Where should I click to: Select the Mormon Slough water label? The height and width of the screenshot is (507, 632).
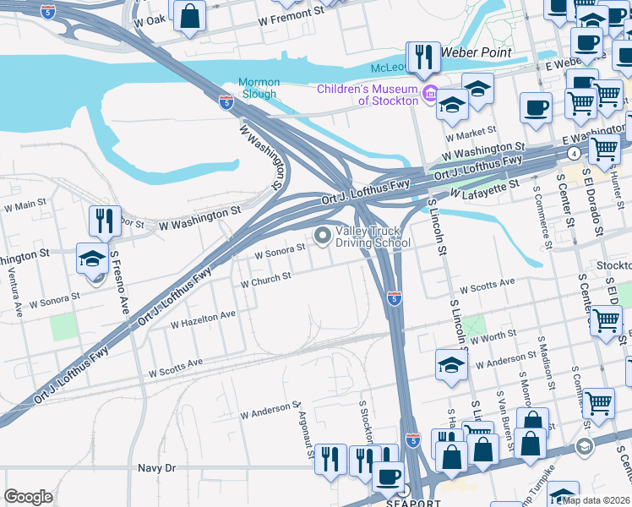coord(257,88)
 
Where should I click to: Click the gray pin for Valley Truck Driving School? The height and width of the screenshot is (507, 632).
coord(322,237)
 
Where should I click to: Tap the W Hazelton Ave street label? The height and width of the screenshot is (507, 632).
coord(203,319)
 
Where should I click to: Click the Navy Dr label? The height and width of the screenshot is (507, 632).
coord(156,467)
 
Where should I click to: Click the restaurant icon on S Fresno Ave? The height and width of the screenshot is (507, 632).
coord(105,221)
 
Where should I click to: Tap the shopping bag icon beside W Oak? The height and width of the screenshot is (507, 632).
coord(190,14)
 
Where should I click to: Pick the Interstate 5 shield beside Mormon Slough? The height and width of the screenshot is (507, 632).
coord(226,102)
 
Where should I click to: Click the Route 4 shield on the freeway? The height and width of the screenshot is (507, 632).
coord(574,153)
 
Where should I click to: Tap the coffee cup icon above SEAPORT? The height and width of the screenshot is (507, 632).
coord(389,476)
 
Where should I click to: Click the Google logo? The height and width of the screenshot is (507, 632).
coord(28,497)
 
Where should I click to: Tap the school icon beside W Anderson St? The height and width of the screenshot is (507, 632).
coord(451,363)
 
